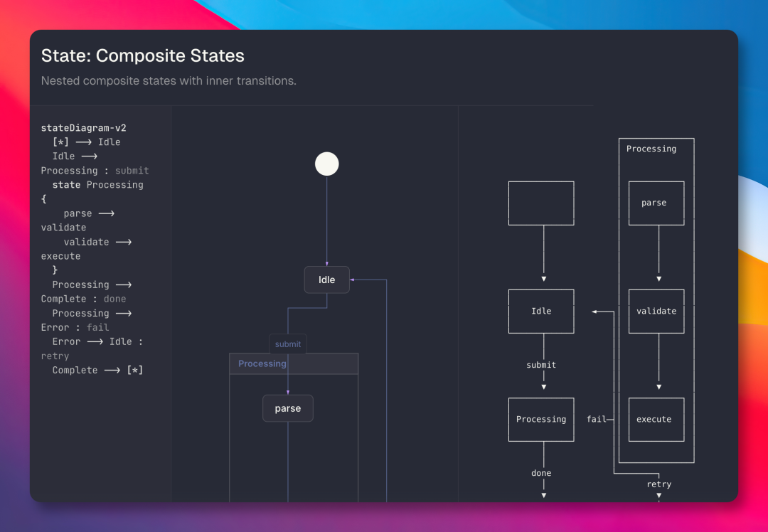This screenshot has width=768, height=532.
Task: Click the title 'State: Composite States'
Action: tap(142, 55)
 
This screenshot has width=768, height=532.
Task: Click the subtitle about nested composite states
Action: tap(169, 80)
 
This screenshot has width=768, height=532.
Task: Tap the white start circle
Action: tap(327, 164)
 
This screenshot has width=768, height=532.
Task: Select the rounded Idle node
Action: tap(327, 280)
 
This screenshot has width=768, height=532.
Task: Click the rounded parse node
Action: tap(288, 408)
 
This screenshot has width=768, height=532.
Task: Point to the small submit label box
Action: tap(288, 344)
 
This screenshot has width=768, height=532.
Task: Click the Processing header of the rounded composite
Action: tap(262, 363)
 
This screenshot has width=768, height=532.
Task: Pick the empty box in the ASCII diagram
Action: tap(541, 203)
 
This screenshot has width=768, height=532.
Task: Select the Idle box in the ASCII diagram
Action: tap(541, 311)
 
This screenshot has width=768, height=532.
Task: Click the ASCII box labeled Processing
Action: tap(541, 419)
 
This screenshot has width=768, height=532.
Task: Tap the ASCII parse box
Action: tap(656, 203)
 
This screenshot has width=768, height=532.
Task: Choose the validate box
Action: tap(656, 311)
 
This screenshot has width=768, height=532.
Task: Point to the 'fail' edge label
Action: tap(596, 419)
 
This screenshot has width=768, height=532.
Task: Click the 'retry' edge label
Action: tap(658, 484)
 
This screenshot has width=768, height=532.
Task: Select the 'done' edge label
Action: tap(541, 473)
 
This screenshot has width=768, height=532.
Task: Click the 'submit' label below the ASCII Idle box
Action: tap(541, 365)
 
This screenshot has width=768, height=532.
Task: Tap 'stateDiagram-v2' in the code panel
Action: tap(83, 128)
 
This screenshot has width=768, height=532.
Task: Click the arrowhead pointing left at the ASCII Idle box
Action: tap(595, 311)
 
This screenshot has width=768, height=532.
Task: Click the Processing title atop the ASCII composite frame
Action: tap(651, 149)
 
